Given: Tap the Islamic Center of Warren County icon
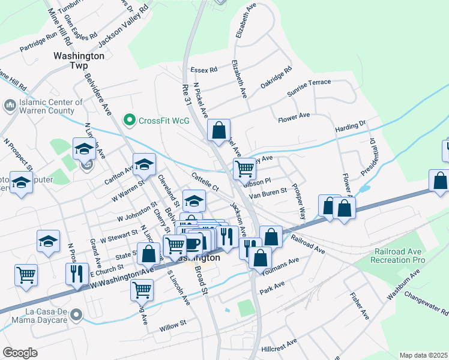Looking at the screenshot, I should pos(10,106).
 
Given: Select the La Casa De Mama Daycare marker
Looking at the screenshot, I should pos(76,314).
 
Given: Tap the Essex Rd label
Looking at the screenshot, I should pos(203,70).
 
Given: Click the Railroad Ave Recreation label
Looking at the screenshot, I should pos(399,256).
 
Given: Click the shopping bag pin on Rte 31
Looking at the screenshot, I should pos(219,130).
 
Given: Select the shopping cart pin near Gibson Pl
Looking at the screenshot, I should pos(244,169).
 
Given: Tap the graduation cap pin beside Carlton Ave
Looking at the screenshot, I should pos(144,164).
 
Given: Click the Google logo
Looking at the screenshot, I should pos(20,353).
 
